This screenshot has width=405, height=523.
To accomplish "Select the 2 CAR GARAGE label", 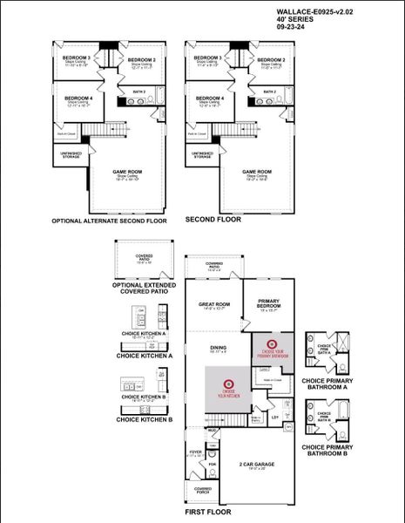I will point(258,465).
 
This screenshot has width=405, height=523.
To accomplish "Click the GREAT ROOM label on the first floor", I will point(213,304).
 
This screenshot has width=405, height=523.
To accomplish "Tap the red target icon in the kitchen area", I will point(228,383).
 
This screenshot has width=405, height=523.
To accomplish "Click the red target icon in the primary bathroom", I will point(270,344).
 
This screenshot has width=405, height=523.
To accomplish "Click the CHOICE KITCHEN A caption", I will point(145,356).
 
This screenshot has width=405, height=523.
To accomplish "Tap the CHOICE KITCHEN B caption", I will point(145,420).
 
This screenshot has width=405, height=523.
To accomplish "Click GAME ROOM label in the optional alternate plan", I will point(127,172).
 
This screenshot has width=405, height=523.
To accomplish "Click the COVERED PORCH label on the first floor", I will point(203,490).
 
